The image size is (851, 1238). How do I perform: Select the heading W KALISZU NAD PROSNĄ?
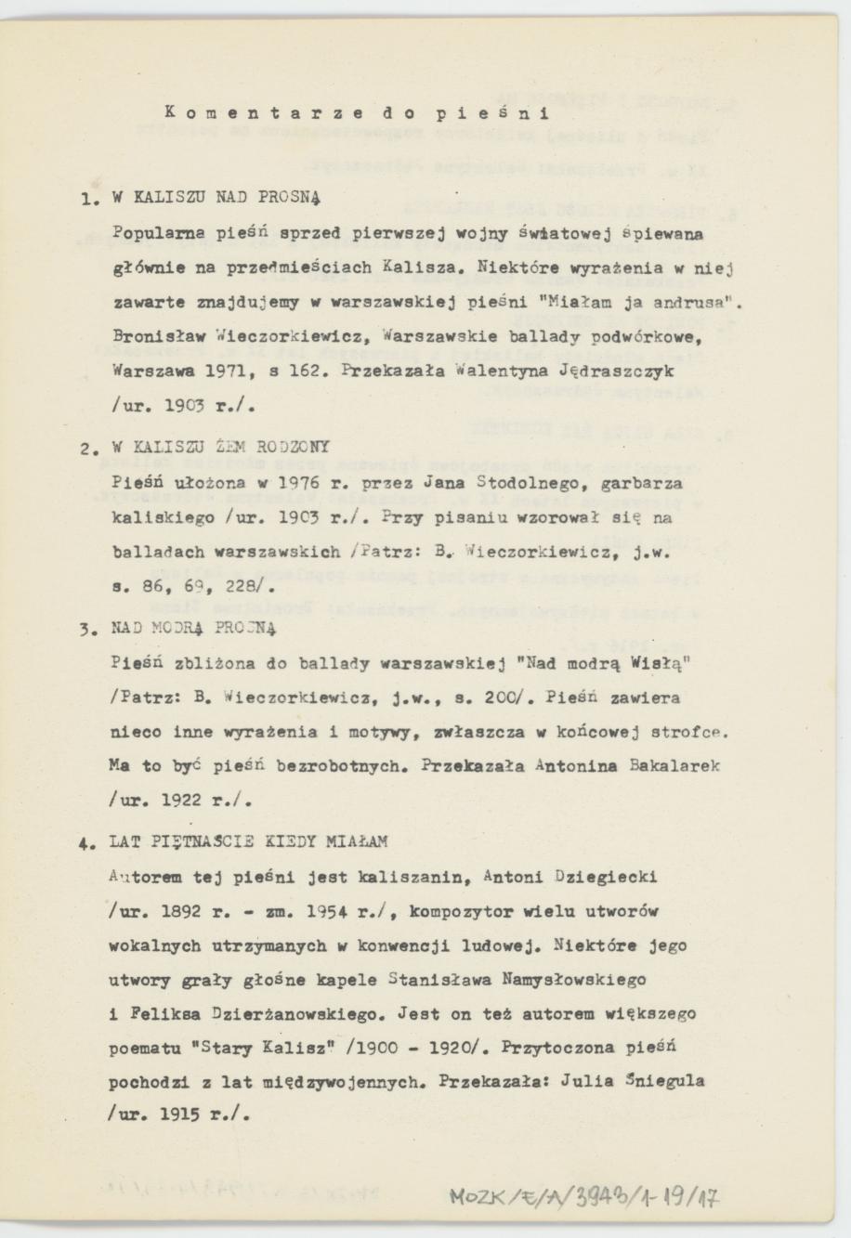216,198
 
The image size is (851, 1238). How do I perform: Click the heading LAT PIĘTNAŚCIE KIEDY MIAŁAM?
248,841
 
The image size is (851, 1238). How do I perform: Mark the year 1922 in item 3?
182,801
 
